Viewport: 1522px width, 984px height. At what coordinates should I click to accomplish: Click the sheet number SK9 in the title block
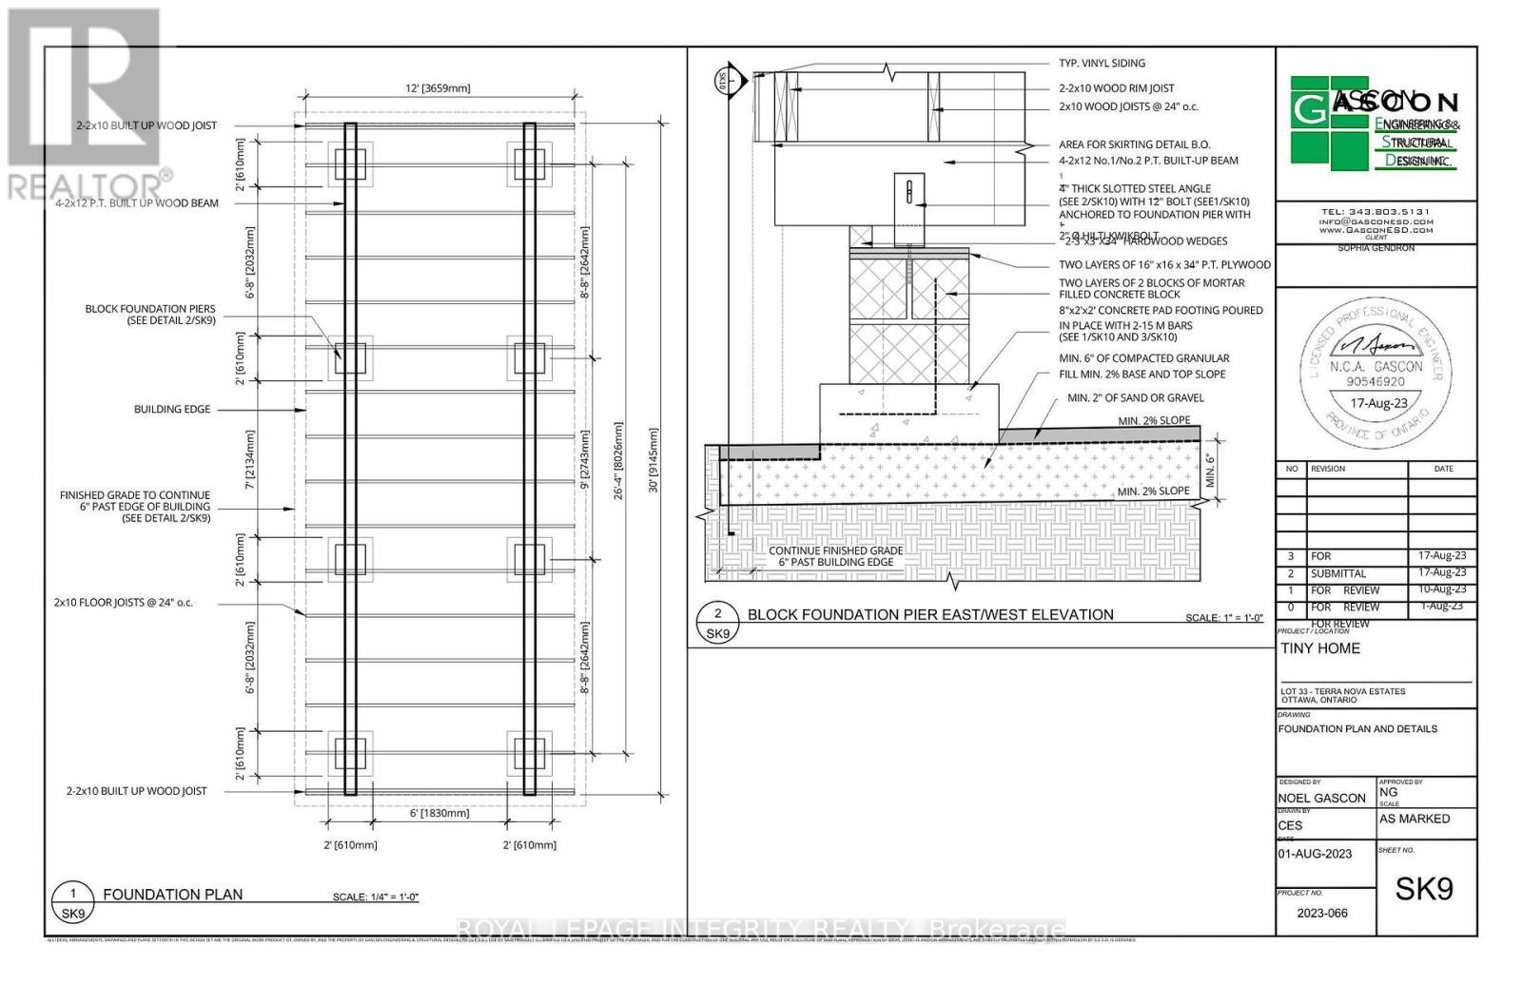[x=1424, y=889]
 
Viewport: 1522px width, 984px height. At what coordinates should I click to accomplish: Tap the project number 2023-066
[x=1322, y=913]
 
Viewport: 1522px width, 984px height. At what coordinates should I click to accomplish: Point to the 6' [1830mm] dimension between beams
[x=439, y=813]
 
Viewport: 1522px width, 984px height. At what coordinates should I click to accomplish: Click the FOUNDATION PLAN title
[x=172, y=894]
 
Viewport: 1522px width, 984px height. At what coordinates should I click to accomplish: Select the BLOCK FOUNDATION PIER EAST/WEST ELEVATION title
[x=930, y=614]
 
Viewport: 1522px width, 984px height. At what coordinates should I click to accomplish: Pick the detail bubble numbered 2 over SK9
[x=717, y=622]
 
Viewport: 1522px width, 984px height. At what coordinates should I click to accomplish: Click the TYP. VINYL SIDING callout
[x=1102, y=63]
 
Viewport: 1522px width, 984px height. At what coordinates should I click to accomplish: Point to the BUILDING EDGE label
[x=172, y=409]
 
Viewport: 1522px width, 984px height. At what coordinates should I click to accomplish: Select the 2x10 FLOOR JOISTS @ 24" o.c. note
[x=124, y=602]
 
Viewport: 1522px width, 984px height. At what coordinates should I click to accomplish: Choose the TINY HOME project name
[x=1320, y=648]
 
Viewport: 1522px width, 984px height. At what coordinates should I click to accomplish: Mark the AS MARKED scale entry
[x=1415, y=819]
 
